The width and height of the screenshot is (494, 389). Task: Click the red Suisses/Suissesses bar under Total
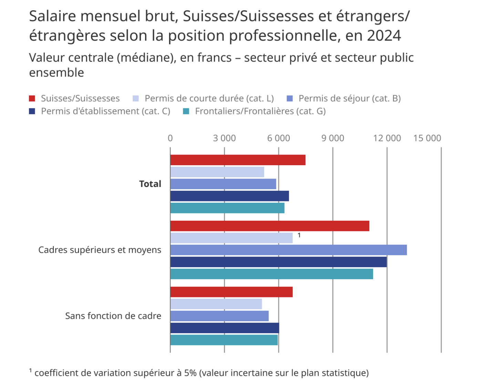238,160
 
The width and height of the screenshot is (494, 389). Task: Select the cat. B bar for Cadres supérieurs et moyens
288,250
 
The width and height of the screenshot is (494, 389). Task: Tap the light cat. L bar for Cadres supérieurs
231,238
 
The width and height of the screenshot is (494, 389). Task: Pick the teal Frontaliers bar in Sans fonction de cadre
224,340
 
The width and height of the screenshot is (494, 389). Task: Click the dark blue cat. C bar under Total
229,196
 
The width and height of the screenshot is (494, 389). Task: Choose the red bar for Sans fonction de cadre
231,292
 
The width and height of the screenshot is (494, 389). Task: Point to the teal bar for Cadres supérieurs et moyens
271,274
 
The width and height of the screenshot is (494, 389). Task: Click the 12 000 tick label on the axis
387,138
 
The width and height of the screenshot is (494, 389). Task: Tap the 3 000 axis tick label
224,138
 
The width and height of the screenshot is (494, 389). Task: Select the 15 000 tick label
427,138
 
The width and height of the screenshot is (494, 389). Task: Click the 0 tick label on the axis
170,138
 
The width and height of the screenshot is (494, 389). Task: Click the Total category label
150,184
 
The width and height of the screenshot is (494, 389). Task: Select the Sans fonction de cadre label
113,316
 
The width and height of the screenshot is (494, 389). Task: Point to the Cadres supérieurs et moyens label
100,250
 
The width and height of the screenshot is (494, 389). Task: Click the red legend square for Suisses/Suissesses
32,99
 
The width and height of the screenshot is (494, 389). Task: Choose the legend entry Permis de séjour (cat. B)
349,98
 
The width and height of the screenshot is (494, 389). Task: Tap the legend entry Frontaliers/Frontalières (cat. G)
260,111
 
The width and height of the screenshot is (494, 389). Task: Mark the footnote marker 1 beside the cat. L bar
299,235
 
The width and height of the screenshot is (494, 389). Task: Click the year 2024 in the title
384,36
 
